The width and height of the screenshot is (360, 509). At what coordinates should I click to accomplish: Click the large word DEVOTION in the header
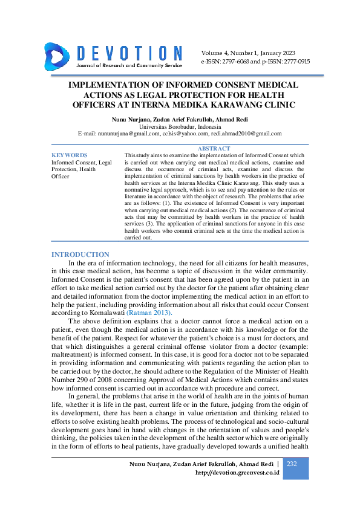(129, 53)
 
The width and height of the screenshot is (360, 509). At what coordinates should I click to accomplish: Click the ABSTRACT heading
(214, 149)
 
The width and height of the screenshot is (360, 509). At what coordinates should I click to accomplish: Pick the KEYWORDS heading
(70, 155)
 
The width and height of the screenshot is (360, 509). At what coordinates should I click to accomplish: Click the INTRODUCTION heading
(80, 254)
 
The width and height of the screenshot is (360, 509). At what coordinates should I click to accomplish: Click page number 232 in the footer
(292, 464)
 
